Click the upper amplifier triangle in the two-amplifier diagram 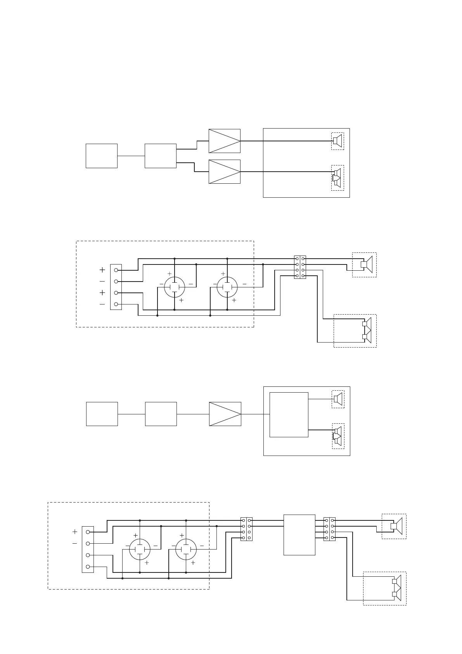pos(224,141)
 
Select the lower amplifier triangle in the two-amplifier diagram pos(224,172)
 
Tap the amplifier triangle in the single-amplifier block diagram pos(225,414)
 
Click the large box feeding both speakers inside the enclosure pos(289,415)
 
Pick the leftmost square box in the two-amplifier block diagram pos(101,156)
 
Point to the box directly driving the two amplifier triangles pos(160,156)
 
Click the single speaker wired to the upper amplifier pos(337,141)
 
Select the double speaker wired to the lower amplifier pos(337,177)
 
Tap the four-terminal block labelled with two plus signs pos(116,287)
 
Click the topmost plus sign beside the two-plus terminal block pos(102,270)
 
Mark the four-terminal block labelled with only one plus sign pos(88,549)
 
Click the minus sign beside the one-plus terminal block pos(74,544)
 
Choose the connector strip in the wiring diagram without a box pos(300,267)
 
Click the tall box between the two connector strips pos(299,535)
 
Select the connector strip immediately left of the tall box pos(246,529)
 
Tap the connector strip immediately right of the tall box pos(329,529)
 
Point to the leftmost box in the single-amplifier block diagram pos(102,414)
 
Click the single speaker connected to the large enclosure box pos(338,399)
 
